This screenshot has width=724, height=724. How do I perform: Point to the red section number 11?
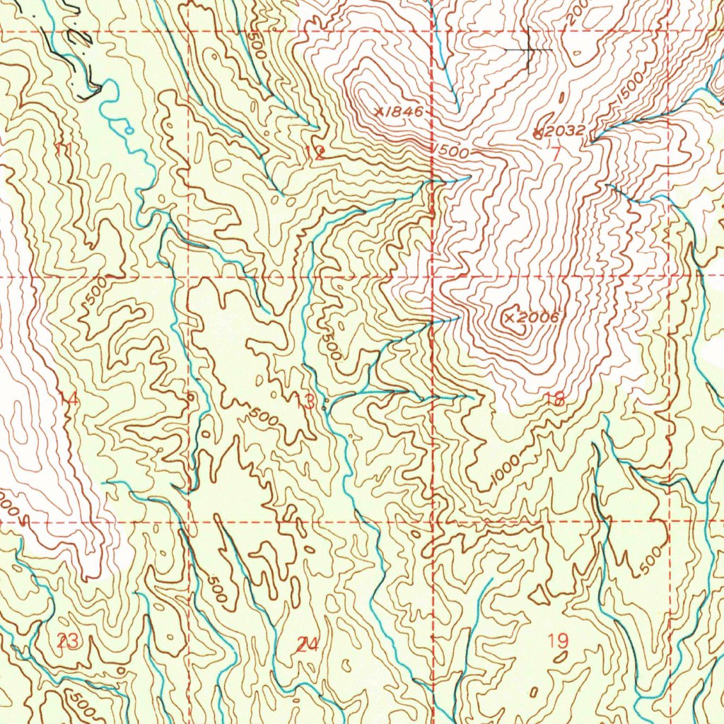(x=64, y=148)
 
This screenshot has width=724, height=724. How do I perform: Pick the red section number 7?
(x=556, y=151)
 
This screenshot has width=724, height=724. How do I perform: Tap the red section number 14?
(x=69, y=399)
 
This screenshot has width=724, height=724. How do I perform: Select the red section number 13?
(x=305, y=402)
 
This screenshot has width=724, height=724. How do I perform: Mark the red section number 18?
(x=555, y=399)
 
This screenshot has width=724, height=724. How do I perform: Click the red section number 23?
(x=68, y=642)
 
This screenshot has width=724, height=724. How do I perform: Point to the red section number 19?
(x=558, y=641)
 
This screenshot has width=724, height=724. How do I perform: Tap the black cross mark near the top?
(x=529, y=50)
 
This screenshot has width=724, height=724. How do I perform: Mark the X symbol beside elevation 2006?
(x=510, y=319)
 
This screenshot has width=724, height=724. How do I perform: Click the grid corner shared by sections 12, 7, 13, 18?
(x=433, y=276)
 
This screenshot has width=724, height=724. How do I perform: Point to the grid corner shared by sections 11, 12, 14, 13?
(x=189, y=276)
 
